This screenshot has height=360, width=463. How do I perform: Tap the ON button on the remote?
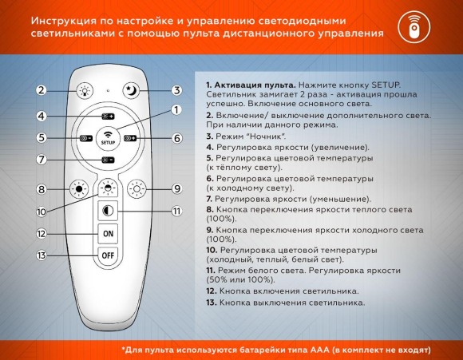(x=108, y=233)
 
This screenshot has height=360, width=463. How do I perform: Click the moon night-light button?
(x=131, y=90)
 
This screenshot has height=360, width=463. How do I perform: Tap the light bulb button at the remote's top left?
(x=85, y=90)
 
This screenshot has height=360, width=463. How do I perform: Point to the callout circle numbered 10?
(x=42, y=212)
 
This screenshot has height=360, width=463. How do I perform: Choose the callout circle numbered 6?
(x=177, y=137)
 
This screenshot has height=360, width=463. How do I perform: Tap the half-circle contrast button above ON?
(x=108, y=211)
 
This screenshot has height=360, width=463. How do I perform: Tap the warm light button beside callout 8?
(x=78, y=190)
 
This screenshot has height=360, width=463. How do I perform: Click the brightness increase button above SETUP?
(x=109, y=117)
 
